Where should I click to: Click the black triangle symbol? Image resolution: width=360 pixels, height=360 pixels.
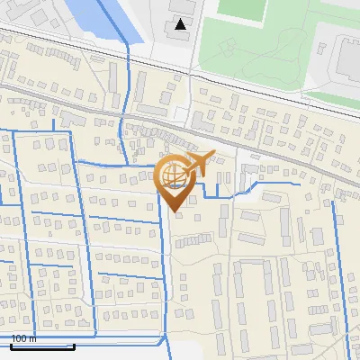(x=181, y=24)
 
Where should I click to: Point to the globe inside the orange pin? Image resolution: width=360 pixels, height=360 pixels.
(x=174, y=176)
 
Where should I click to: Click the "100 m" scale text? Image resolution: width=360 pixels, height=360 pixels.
(x=23, y=338)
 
